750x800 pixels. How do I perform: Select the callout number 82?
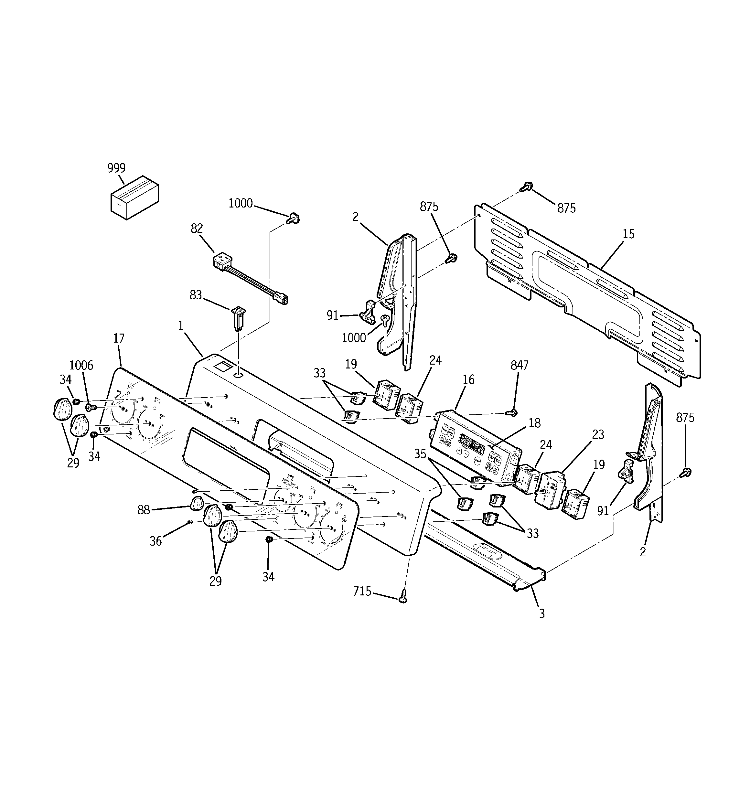[197, 229]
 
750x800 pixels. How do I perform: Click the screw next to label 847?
[512, 412]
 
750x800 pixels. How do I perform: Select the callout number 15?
[628, 234]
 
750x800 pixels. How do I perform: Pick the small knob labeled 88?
[197, 503]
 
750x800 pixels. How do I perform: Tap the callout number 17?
[119, 338]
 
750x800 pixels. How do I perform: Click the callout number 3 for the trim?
[541, 614]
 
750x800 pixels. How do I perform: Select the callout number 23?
[598, 435]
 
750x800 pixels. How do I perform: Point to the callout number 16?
[468, 379]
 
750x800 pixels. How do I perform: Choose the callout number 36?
[156, 541]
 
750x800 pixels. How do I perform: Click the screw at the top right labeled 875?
[526, 187]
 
